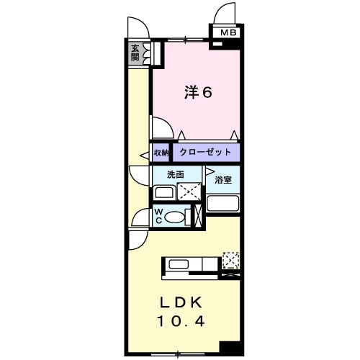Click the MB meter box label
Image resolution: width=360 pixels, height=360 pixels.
point(228,32)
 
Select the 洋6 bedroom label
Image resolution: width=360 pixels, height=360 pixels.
point(196,94)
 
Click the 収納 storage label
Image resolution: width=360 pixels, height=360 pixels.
point(161,153)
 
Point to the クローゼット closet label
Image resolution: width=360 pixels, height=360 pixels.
point(205,153)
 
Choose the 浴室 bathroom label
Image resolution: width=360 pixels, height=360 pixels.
point(222,180)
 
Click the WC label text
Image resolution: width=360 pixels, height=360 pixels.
point(159,216)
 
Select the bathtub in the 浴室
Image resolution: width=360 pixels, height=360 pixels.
point(222,204)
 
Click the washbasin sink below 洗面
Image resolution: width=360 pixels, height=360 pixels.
point(165,192)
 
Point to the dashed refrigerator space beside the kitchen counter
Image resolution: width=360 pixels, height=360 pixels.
point(231,258)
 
